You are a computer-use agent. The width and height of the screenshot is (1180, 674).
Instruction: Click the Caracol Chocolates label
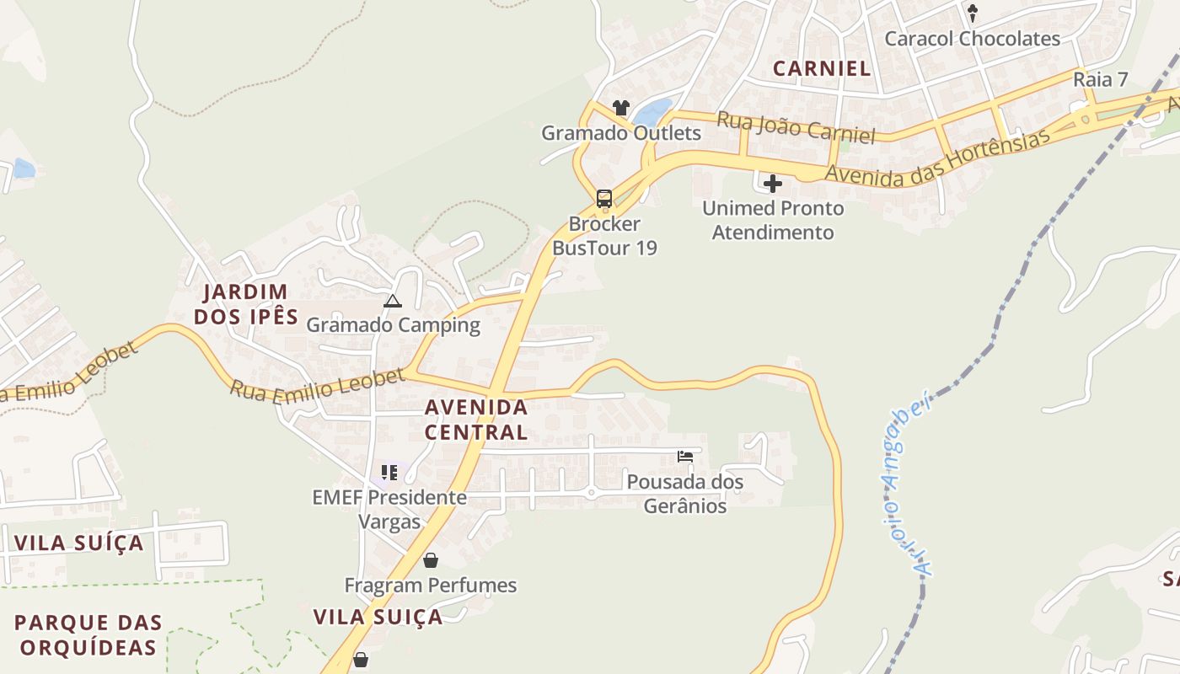(x=972, y=39)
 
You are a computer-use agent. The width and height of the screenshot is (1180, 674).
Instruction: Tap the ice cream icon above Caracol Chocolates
(x=972, y=13)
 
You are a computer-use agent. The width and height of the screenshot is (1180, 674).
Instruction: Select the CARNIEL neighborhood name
(x=822, y=69)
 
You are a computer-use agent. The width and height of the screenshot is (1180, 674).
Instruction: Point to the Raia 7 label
(x=1101, y=80)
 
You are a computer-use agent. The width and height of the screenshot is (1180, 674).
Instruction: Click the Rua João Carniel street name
(x=796, y=127)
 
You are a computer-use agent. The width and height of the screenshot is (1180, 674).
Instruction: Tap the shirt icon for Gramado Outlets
(x=621, y=108)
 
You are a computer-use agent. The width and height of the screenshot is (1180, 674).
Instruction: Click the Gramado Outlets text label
(x=621, y=133)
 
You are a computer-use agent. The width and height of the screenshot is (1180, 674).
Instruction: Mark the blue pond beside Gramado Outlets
(x=653, y=112)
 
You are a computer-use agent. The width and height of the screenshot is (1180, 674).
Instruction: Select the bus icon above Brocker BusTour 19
(x=604, y=199)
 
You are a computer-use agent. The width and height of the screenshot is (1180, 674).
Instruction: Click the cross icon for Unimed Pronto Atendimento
(x=772, y=183)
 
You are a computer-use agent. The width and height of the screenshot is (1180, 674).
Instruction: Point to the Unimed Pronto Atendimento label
(x=773, y=220)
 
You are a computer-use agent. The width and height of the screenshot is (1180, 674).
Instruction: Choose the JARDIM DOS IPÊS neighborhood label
(x=246, y=304)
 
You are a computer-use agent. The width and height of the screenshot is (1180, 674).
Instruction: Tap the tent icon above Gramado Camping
(x=393, y=301)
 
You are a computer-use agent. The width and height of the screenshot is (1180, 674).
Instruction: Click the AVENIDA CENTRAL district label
(x=476, y=420)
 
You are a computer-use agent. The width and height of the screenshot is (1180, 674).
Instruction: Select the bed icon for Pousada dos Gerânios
(x=685, y=457)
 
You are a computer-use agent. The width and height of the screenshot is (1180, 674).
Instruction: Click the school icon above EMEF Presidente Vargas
(x=389, y=473)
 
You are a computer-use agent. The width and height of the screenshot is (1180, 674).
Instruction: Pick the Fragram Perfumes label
(x=431, y=585)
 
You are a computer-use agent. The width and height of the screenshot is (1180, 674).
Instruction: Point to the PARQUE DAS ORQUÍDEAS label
(x=88, y=635)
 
